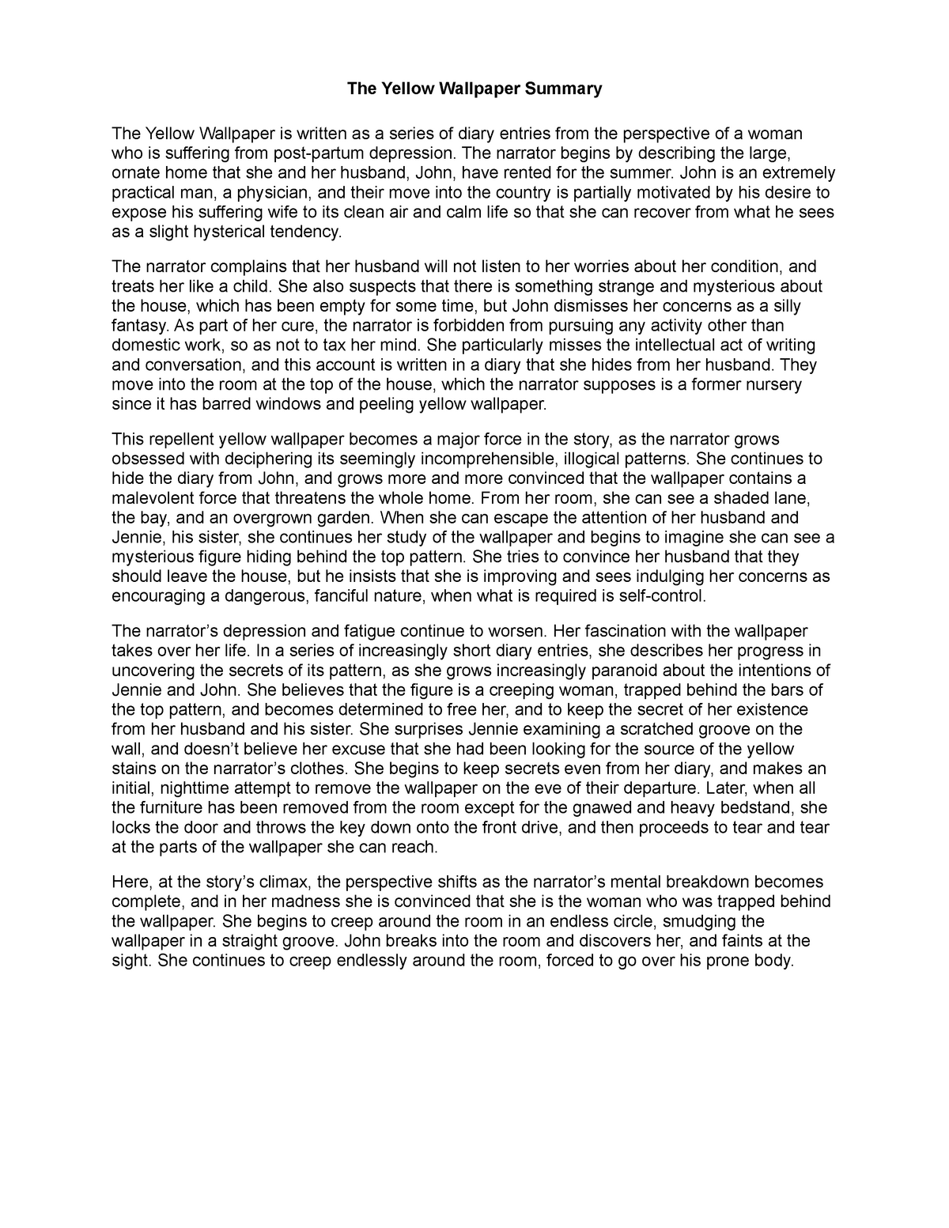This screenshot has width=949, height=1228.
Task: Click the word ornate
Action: pos(136,173)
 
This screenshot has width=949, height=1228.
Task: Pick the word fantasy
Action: pos(139,326)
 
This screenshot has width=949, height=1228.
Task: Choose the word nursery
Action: pos(770,385)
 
